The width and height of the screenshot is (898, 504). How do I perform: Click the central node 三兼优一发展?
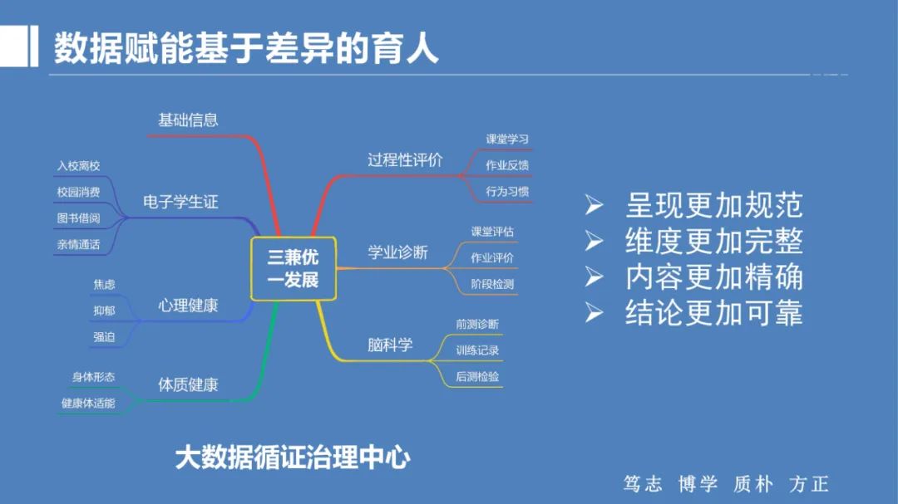293,268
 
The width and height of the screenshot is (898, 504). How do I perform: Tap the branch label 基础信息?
188,120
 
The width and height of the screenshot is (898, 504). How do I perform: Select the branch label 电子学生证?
180,202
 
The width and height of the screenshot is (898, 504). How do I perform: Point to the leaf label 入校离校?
78,166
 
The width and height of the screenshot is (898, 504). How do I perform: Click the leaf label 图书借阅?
78,218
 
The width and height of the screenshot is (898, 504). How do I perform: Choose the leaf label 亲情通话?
78,245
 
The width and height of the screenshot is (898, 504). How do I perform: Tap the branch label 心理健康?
188,306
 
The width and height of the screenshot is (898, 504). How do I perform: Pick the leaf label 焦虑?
104,285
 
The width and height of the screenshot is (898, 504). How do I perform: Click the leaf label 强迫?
104,337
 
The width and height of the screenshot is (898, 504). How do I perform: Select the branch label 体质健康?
188,385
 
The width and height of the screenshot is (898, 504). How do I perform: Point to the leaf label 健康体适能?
88,404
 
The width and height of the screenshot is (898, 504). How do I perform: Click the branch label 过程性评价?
405,160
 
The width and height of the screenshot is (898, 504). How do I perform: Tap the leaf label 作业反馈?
507,165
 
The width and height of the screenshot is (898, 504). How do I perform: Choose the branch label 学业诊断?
397,252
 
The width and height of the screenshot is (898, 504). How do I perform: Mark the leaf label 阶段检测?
492,284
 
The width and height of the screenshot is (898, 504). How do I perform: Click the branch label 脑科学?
390,345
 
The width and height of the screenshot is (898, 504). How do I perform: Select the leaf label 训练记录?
477,350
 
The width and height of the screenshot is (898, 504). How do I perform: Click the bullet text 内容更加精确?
713,276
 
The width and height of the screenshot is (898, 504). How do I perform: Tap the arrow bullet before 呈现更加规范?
594,204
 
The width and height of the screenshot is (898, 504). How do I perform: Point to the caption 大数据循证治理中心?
293,458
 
